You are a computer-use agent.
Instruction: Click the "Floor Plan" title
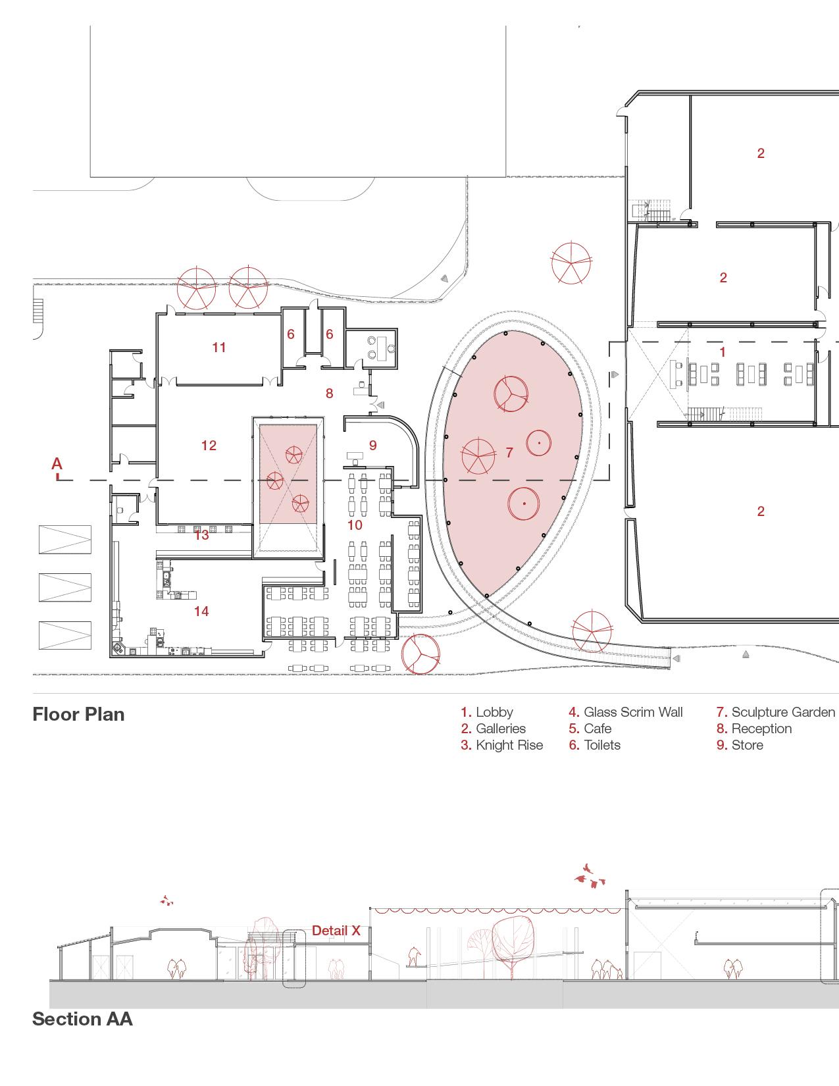pos(78,714)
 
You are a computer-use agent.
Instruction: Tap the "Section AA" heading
pos(82,1019)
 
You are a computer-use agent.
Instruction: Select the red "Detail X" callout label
pos(336,931)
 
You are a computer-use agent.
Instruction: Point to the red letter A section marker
pos(57,464)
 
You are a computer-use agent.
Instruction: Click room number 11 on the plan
pos(219,348)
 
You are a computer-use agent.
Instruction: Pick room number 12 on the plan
pos(209,446)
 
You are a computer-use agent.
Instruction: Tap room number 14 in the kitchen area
pos(201,611)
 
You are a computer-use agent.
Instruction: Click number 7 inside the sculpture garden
pos(509,452)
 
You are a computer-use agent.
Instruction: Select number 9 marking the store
pos(373,446)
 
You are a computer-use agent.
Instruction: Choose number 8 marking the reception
pos(329,394)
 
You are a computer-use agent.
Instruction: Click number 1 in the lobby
pos(722,352)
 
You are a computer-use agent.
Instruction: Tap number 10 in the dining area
pos(355,525)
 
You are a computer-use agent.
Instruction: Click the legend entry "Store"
pos(747,745)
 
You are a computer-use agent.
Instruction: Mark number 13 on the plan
pos(201,535)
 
